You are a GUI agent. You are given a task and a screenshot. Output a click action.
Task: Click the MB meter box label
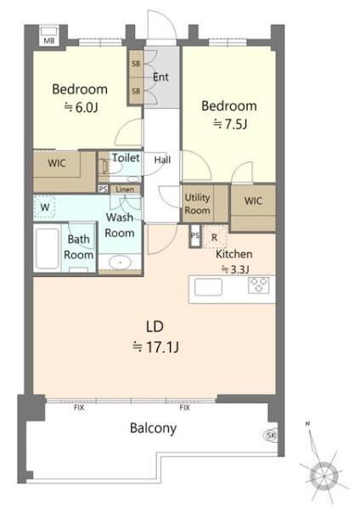[49, 41]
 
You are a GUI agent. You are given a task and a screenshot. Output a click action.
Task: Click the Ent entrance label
[160, 77]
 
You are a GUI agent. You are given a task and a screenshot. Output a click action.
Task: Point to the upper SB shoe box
[136, 64]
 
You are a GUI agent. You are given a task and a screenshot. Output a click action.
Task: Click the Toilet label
[126, 158]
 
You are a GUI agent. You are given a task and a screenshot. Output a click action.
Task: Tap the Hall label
[162, 160]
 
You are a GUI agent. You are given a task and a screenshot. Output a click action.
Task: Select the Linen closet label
[125, 190]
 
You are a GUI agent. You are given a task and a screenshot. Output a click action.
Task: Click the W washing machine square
[45, 207]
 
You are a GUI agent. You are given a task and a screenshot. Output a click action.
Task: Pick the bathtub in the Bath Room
[48, 248]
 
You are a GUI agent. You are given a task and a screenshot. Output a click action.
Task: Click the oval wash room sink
[120, 263]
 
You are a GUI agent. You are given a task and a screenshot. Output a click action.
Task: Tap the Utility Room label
[197, 204]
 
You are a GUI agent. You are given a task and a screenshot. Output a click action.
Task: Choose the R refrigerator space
[214, 237]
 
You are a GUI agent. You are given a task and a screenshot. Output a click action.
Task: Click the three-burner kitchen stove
[259, 285]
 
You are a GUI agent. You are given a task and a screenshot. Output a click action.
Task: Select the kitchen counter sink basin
[208, 287]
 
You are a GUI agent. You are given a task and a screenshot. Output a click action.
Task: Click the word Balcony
[153, 428]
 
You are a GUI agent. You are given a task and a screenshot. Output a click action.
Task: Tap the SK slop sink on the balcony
[271, 435]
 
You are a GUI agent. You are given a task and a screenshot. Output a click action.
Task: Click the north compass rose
[323, 475]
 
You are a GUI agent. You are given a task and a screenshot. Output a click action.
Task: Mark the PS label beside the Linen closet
[103, 190]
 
